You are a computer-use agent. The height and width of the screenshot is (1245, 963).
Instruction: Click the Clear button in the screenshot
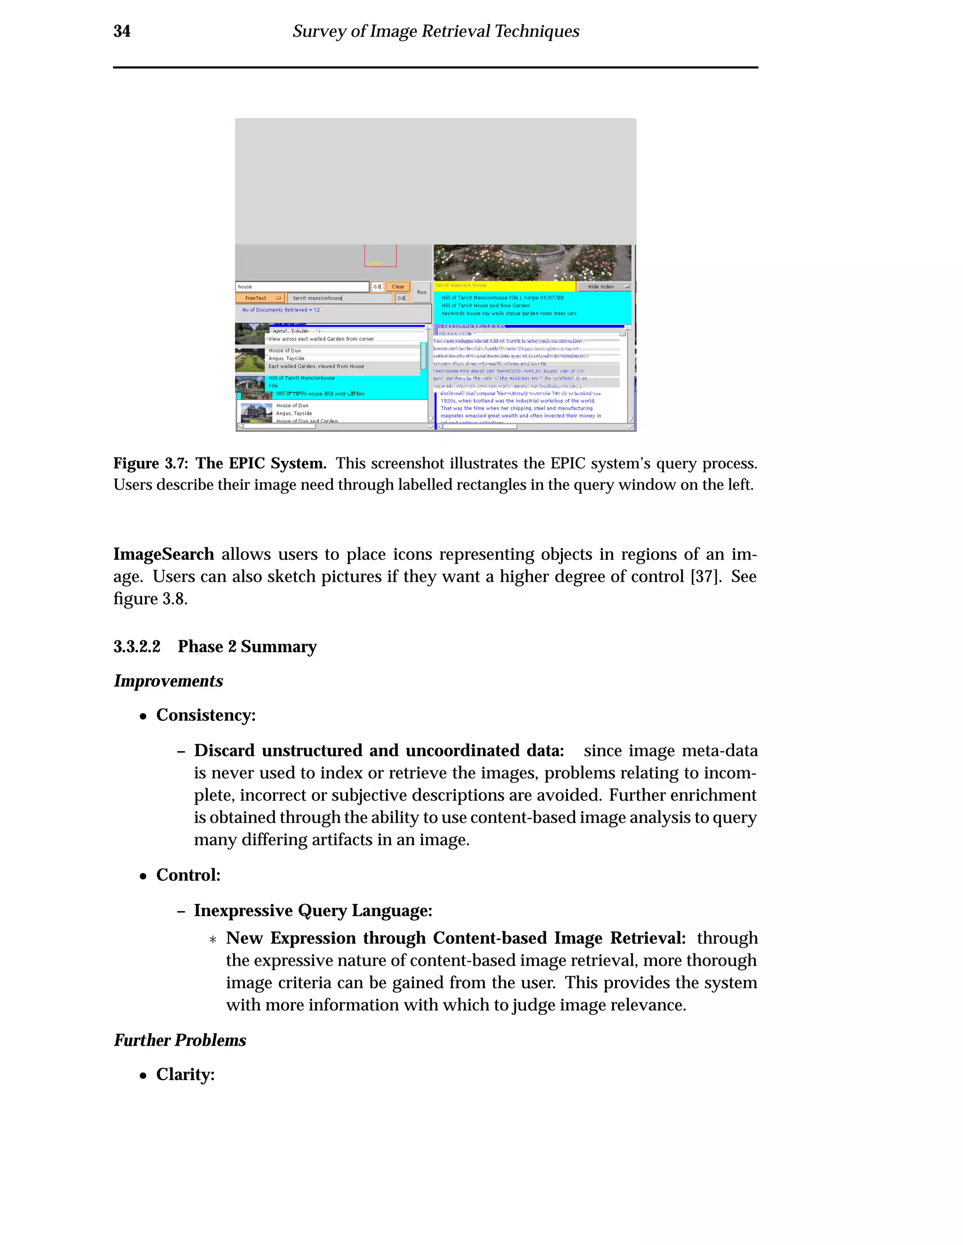coord(398,287)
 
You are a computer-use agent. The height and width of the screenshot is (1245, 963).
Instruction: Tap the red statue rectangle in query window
coord(380,256)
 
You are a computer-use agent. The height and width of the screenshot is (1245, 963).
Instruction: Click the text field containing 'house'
coord(302,287)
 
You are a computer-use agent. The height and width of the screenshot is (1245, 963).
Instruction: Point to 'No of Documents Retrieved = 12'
coord(281,310)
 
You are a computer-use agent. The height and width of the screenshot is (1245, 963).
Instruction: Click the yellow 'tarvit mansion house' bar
coord(505,286)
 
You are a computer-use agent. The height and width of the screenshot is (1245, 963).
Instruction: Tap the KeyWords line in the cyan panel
coord(508,313)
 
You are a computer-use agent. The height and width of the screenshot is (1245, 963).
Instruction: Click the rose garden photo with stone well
coord(532,262)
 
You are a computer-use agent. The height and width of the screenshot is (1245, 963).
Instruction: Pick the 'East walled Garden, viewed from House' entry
coord(316,366)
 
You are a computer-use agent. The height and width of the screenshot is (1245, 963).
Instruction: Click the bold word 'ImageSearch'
coord(164,554)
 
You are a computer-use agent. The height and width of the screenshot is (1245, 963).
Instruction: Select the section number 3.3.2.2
coord(137,646)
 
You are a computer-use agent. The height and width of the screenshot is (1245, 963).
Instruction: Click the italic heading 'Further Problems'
coord(180,1040)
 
